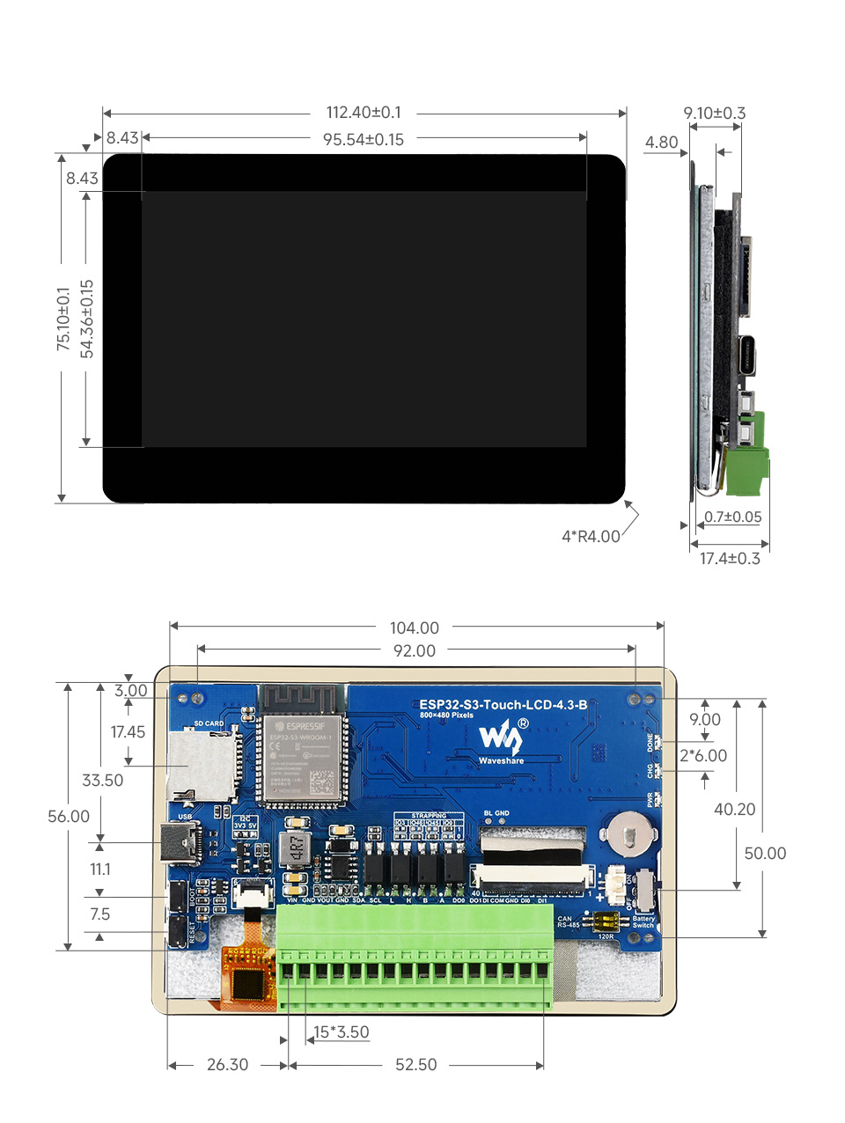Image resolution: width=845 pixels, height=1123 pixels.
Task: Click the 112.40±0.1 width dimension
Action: pos(364,113)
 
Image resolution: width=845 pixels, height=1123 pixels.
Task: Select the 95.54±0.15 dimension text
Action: pos(364,139)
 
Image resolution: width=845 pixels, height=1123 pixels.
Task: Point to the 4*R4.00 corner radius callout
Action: pos(591,536)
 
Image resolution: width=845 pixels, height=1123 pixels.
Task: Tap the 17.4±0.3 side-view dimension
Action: pos(729,558)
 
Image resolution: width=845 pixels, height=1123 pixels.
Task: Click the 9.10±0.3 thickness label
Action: pos(714,113)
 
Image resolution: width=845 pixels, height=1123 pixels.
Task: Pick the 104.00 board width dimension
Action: pos(415,628)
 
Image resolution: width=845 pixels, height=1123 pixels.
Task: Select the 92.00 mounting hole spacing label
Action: pos(415,650)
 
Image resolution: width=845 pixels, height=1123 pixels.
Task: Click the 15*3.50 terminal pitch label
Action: pos(342,1031)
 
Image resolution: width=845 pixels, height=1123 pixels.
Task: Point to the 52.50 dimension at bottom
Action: pos(415,1064)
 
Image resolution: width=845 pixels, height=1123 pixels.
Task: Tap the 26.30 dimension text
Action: pos(227,1064)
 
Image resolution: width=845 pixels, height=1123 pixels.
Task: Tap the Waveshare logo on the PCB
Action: pos(501,738)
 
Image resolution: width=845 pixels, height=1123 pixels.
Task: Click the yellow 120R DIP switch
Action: pos(606,922)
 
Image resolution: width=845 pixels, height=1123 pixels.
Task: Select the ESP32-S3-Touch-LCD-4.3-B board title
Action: pos(503,704)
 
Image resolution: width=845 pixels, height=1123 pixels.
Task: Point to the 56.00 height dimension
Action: pos(69,816)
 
